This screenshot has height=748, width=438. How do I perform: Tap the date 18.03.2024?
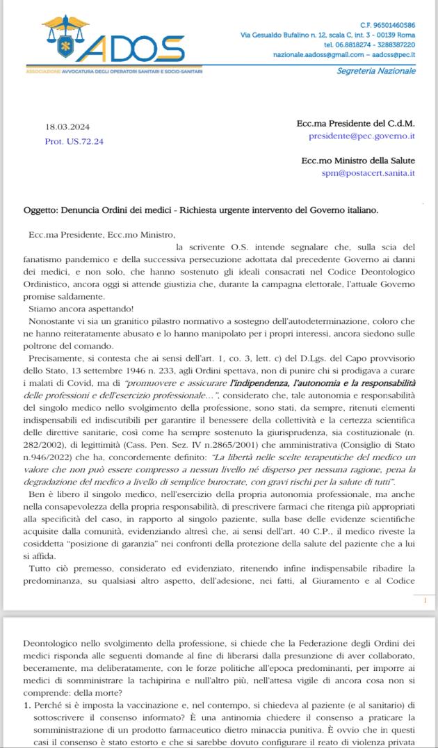point(67,127)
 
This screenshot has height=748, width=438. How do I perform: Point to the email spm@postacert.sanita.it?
point(368,173)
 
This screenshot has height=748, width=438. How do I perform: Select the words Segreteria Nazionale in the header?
point(376,71)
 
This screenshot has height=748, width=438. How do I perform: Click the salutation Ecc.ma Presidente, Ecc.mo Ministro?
point(97,235)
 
